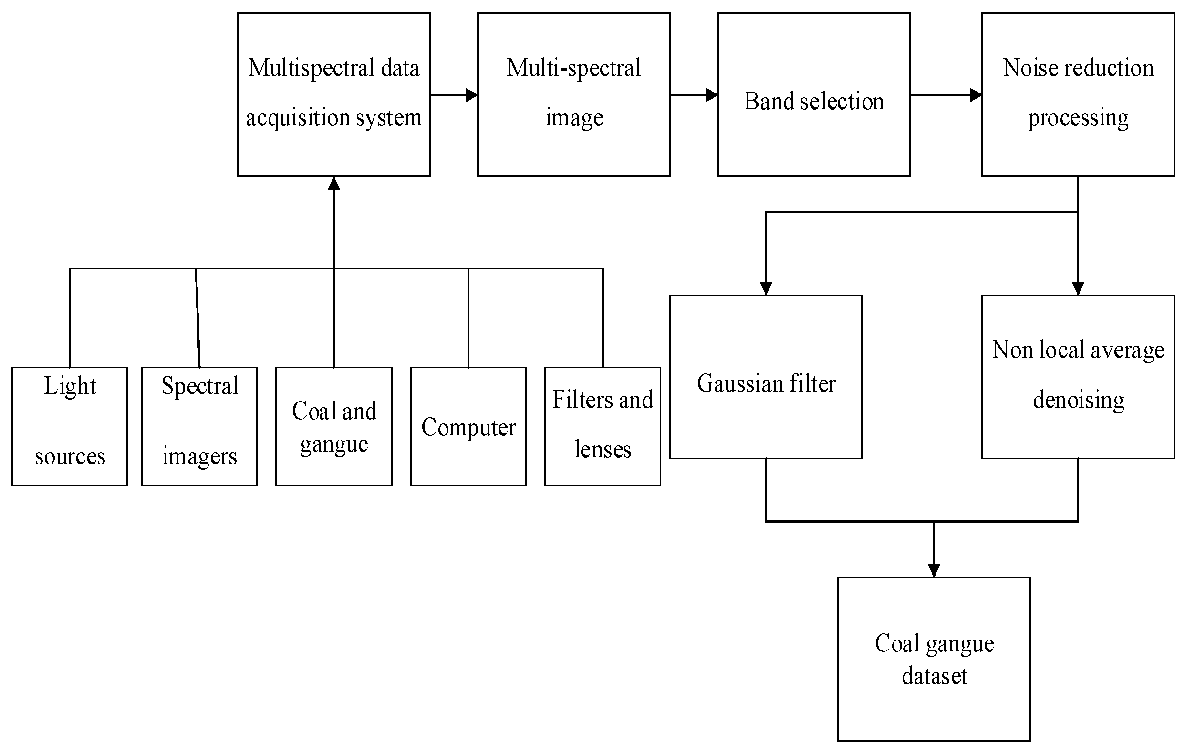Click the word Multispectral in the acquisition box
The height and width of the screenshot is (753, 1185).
point(311,68)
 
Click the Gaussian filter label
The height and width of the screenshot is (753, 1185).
point(766,383)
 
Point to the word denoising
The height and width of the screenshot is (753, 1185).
point(1078,400)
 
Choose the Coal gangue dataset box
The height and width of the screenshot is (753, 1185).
point(934,659)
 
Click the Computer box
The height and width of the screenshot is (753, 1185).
point(468,426)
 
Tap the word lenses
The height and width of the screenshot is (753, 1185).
point(603,449)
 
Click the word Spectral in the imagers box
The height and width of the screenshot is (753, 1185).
point(199,386)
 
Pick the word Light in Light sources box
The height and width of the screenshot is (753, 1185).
point(70,386)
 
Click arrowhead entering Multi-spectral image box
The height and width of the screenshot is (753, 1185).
point(471,95)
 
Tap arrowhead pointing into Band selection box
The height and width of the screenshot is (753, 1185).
point(712,95)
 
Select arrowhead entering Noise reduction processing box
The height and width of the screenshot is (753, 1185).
point(976,95)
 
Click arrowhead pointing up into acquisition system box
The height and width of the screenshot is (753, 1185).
point(334,184)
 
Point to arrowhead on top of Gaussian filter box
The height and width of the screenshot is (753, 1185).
point(766,288)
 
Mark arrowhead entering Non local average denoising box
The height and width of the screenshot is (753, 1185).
point(1078,288)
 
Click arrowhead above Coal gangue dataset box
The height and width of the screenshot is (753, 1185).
point(934,570)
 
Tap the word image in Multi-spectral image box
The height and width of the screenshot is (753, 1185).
point(574,118)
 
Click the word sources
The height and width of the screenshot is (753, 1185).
point(70,456)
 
